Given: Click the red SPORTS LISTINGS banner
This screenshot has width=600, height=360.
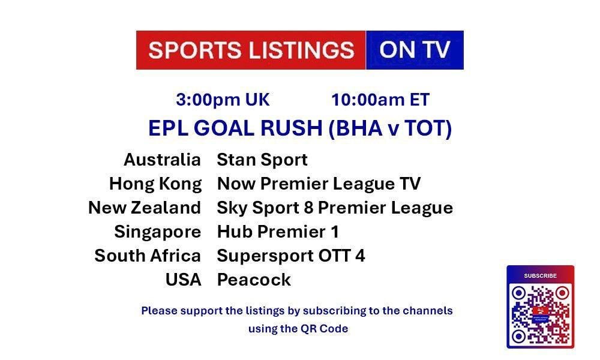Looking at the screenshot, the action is (251, 50).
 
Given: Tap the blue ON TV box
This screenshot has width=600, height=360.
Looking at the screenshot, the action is (415, 50).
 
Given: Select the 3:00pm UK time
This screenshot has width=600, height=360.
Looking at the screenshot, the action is (223, 100).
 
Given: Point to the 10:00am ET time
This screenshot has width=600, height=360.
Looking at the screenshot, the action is (380, 100).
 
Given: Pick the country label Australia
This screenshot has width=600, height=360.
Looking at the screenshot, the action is (162, 160).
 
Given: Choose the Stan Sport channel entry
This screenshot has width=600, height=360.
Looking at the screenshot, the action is (262, 160).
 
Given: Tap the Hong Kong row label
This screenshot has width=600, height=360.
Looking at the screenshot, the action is (155, 184).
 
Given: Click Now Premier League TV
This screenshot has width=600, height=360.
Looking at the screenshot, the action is (319, 184).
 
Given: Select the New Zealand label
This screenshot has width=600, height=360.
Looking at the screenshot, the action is (145, 208).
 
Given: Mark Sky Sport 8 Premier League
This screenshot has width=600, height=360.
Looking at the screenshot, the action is (335, 208).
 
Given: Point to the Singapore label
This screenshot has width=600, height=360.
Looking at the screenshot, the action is (158, 232).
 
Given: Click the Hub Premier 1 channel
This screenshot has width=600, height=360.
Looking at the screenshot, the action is (278, 232).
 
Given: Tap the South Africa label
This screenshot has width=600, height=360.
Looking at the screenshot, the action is (148, 256).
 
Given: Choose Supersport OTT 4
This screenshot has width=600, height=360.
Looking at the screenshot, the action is (291, 256).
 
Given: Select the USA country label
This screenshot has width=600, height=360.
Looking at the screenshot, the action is (183, 280).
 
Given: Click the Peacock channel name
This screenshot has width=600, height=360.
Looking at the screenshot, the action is (254, 280).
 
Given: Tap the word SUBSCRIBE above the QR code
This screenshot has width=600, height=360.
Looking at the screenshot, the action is (541, 275).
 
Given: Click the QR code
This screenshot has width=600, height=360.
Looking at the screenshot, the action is (541, 314).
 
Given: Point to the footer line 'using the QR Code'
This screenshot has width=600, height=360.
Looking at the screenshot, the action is (298, 329).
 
